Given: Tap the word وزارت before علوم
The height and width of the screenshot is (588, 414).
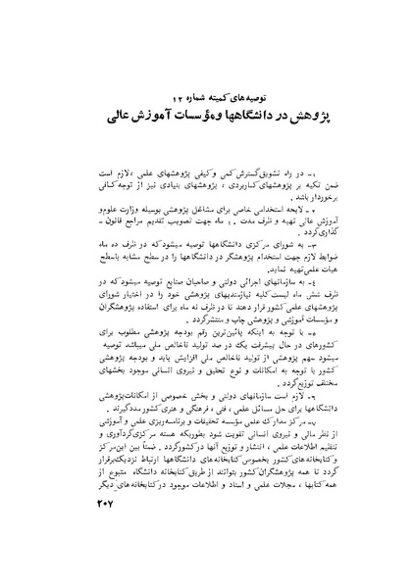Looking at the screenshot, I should tap(140, 211).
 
